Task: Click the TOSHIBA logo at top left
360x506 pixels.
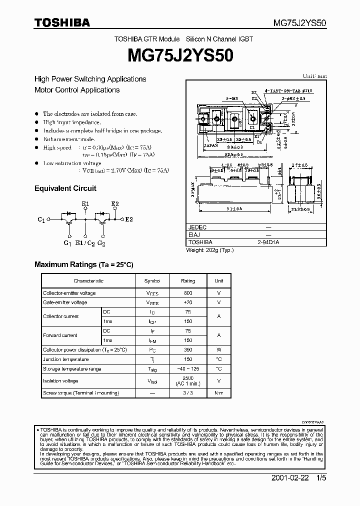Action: coord(62,22)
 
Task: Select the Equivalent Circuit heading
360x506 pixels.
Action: coord(65,188)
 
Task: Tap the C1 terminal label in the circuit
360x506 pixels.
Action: coord(41,219)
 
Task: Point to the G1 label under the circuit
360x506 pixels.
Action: coord(67,243)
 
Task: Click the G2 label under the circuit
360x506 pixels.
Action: coord(101,243)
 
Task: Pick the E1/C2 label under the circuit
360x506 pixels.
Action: coord(84,243)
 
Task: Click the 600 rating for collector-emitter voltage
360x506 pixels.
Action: coord(187,293)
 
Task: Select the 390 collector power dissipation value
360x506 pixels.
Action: coord(187,350)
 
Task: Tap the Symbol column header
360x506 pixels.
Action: coord(152,281)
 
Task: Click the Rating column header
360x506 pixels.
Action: coord(187,281)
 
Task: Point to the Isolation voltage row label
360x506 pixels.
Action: coord(60,381)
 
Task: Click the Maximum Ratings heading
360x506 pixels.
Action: coord(83,264)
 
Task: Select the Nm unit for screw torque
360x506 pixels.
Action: coord(218,393)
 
